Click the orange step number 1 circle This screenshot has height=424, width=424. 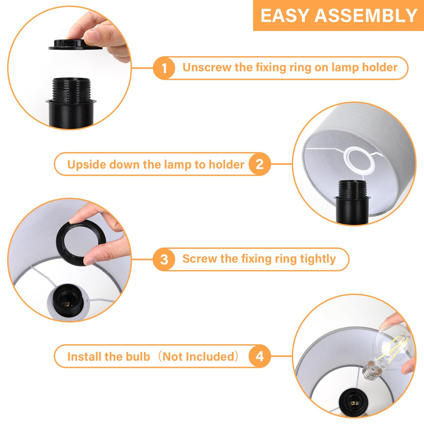(x=164, y=68)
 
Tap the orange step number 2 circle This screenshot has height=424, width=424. (x=260, y=164)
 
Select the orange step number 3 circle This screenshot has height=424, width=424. (x=164, y=259)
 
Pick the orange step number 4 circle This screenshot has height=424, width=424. (x=260, y=356)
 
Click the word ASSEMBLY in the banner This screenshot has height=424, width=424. (x=366, y=16)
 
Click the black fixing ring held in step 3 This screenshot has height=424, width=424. (x=81, y=243)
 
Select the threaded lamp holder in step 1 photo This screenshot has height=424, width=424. (x=71, y=102)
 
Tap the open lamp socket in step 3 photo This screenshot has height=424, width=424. (x=68, y=300)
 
